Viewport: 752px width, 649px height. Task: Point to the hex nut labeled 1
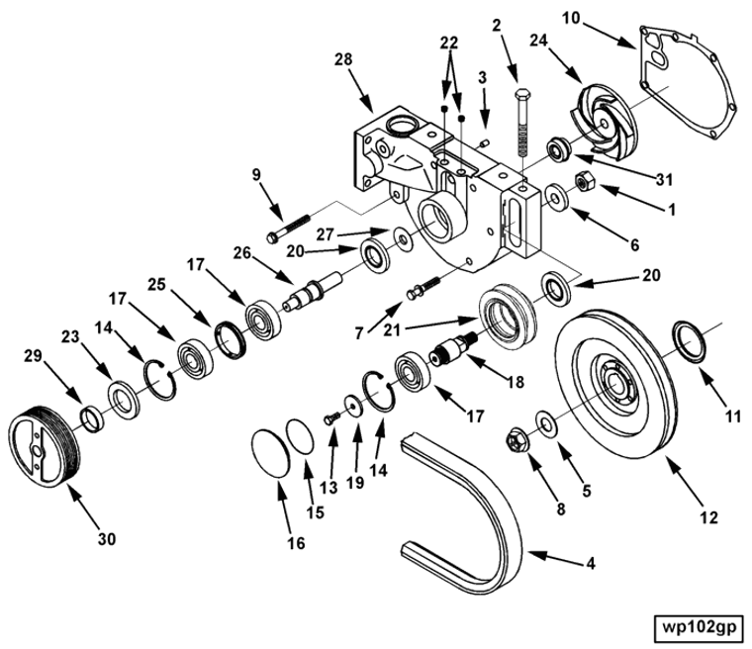(584, 183)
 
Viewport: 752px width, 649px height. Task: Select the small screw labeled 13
(332, 419)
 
